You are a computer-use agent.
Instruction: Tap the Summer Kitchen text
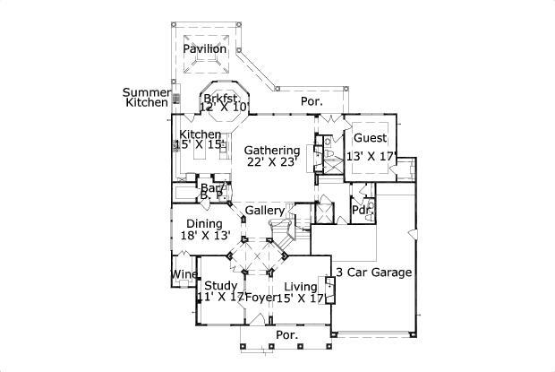tap(146, 98)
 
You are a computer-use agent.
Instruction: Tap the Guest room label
tap(370, 138)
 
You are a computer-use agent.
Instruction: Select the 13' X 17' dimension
tap(371, 156)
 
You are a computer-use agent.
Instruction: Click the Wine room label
tap(184, 275)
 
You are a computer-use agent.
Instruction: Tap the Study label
tap(220, 286)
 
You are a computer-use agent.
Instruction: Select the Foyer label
tap(260, 298)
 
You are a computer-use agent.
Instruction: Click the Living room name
tap(301, 286)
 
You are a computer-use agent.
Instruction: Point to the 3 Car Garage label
tap(373, 272)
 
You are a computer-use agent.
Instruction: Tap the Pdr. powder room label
tap(361, 211)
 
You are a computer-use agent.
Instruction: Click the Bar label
tap(210, 188)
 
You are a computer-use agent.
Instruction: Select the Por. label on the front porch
tap(286, 335)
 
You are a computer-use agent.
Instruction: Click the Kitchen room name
tap(199, 134)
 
